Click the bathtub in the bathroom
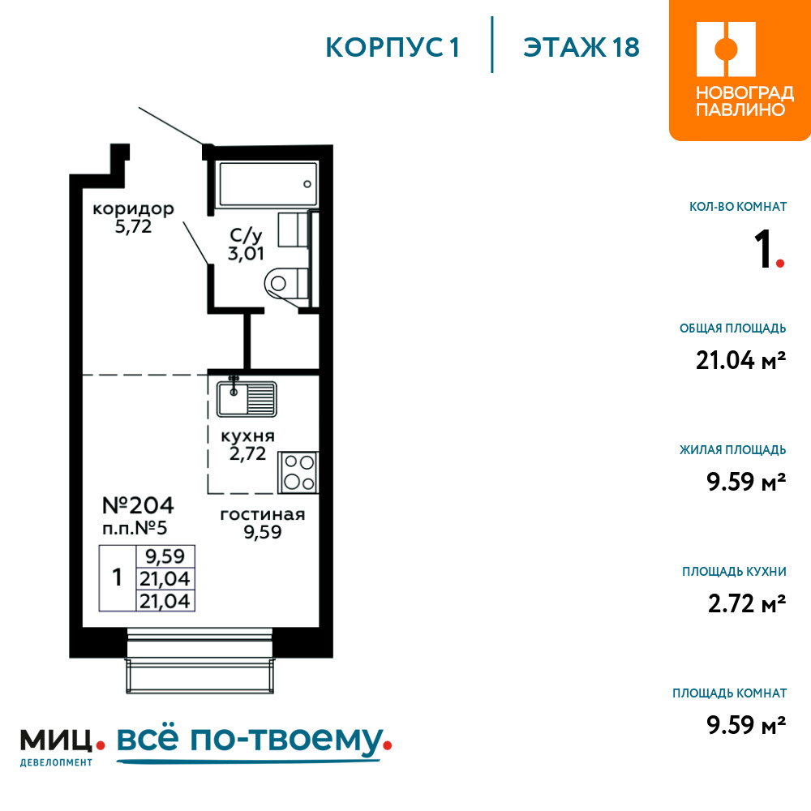[268, 184]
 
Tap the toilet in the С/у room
[286, 283]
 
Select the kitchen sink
[247, 399]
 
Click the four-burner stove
[298, 472]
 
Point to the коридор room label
[134, 209]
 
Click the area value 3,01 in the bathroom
[246, 253]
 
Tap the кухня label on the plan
[247, 436]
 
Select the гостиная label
[263, 515]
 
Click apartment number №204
[138, 505]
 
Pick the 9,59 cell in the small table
[165, 556]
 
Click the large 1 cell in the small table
[118, 577]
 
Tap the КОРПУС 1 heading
[393, 48]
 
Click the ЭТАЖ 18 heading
[581, 48]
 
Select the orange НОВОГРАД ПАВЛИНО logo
[740, 71]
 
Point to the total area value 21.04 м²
[740, 360]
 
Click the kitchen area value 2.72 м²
[747, 603]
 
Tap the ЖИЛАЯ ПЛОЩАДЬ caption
[732, 450]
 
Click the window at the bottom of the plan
[200, 660]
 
